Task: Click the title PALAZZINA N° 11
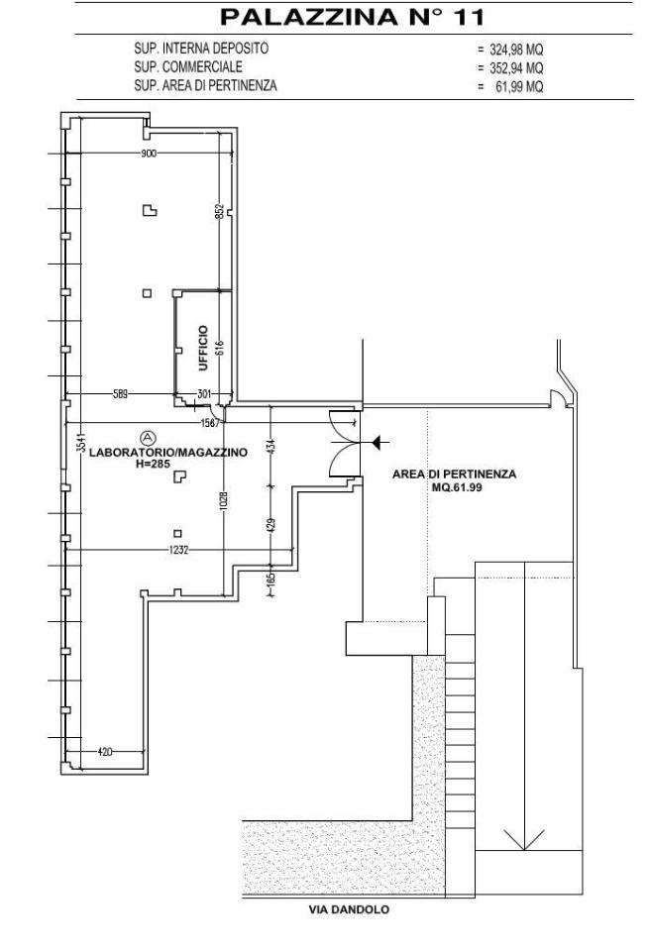coord(352,17)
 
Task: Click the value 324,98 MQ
coord(516,50)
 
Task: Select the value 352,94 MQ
coord(516,68)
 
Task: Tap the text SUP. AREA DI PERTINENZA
coord(205,85)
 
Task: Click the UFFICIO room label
coord(203,348)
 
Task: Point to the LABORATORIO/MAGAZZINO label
coord(168,453)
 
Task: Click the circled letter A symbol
coord(148,437)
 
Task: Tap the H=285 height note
coord(153,464)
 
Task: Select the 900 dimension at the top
coord(149,154)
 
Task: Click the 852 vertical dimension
coord(220,210)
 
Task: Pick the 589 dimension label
coord(120,394)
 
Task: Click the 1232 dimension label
coord(178,550)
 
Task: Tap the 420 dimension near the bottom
coord(105,752)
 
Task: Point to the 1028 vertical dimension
coord(223,499)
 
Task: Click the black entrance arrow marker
coord(379,443)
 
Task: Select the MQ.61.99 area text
coord(457,487)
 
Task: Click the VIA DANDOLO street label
coord(349,909)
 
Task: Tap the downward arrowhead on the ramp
coord(524,839)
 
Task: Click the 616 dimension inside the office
coord(219,348)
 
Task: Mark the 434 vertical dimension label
coord(271,446)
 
